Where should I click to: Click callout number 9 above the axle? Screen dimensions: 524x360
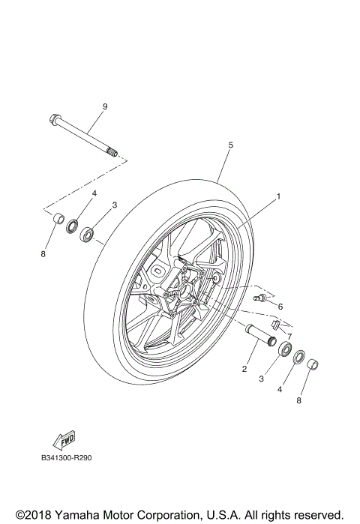click(104, 107)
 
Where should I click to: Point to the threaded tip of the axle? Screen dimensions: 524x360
click(115, 154)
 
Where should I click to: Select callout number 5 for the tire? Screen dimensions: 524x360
click(231, 145)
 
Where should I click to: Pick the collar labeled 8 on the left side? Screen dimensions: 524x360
click(55, 220)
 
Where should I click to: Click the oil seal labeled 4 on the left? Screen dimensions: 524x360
click(73, 226)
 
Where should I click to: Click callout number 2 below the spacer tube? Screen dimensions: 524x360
click(244, 367)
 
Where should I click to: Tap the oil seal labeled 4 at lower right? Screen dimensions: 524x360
click(298, 357)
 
